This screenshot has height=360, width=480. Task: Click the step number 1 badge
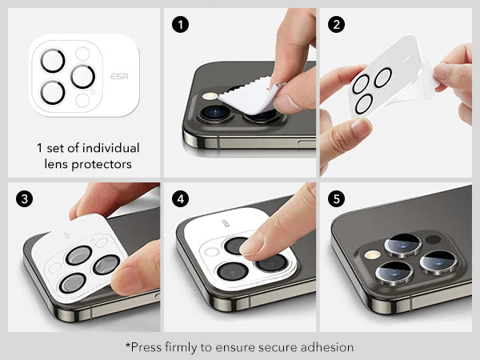180,25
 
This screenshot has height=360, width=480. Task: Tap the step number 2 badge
336,25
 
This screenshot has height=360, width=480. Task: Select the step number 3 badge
25,199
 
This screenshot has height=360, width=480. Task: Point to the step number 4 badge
180,199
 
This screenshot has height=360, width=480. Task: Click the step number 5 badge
336,199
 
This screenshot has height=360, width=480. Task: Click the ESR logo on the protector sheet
119,76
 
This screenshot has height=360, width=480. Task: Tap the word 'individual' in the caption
111,148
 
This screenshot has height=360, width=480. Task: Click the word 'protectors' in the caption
102,164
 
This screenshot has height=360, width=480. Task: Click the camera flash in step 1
210,97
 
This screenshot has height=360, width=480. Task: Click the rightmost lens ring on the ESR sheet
82,77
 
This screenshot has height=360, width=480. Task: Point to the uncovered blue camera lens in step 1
216,112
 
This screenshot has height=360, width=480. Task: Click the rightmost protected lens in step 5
438,262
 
